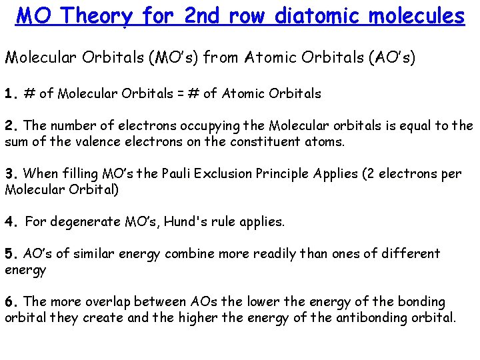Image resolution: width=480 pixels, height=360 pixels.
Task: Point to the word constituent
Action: tap(248, 141)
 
